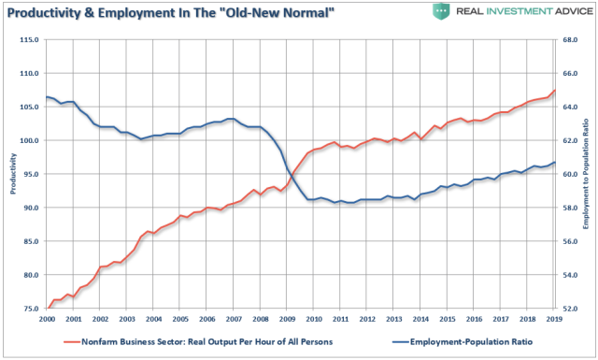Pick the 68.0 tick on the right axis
coord(574,39)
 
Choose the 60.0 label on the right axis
coord(574,174)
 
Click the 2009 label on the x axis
coord(288,320)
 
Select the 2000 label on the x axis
coord(48,320)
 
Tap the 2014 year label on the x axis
coord(421,320)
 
